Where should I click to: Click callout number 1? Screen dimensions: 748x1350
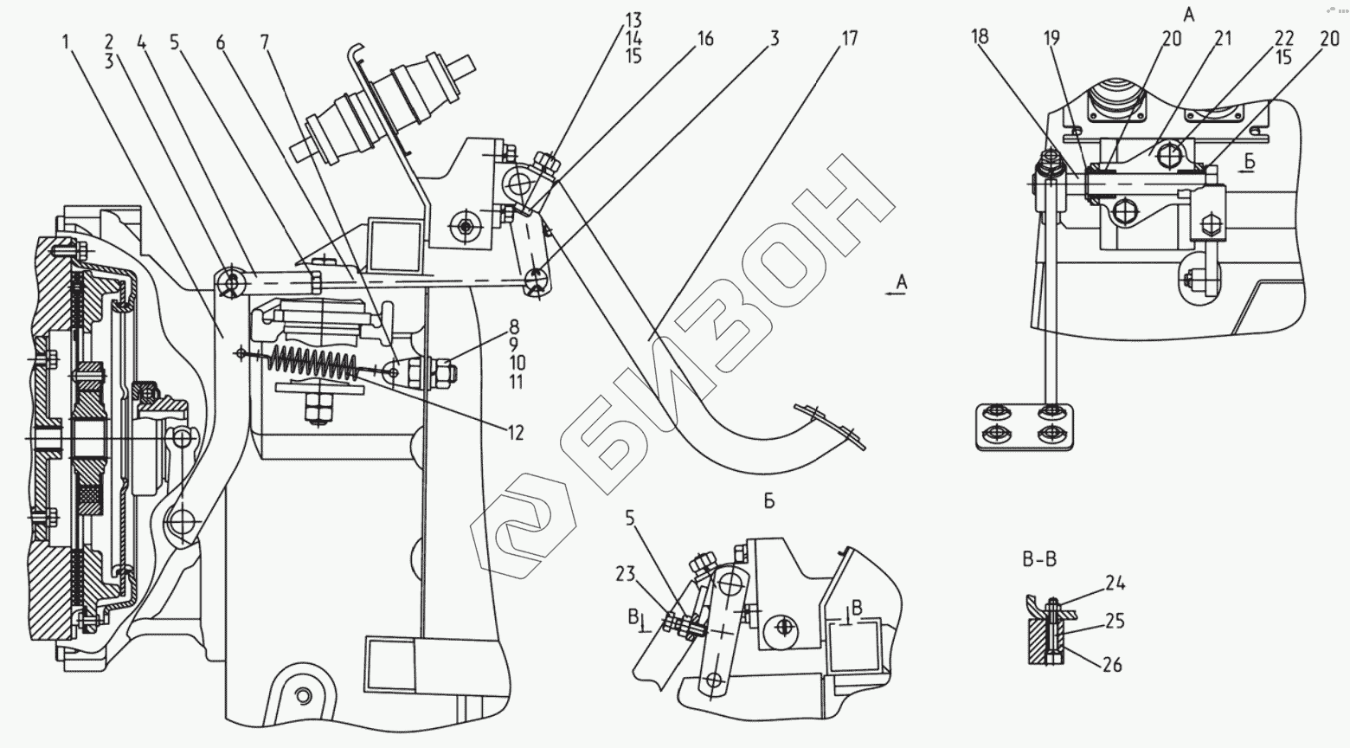tap(67, 40)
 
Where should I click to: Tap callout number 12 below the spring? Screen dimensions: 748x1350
tap(516, 433)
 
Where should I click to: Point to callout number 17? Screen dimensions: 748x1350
tap(850, 39)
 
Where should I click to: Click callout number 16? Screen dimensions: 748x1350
tap(704, 39)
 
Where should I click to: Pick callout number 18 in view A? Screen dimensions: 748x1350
tap(980, 37)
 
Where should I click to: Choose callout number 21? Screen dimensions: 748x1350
tap(1223, 39)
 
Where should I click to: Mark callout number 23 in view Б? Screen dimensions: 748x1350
tap(626, 573)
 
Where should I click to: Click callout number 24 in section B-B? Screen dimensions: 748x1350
tap(1115, 584)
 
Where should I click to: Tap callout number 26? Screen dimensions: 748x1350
tap(1113, 665)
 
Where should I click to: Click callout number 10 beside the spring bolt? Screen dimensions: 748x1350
tap(517, 363)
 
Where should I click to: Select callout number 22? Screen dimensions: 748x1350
tap(1283, 39)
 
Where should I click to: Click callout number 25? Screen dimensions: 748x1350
tap(1115, 622)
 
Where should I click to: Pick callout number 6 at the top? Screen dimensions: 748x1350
tap(221, 41)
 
